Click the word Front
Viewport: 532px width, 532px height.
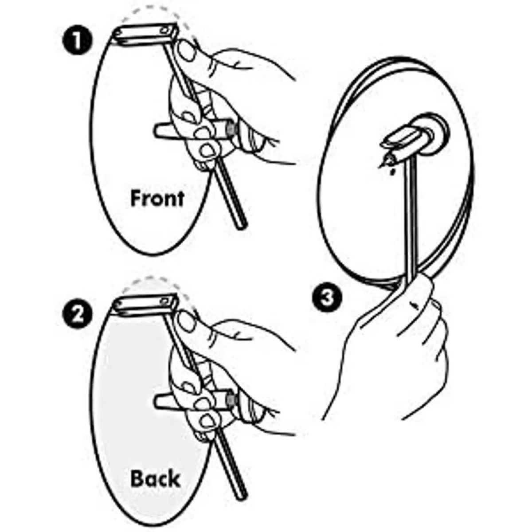[157, 199]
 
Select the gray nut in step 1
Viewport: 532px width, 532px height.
[231, 129]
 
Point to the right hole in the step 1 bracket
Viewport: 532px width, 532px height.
[165, 30]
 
